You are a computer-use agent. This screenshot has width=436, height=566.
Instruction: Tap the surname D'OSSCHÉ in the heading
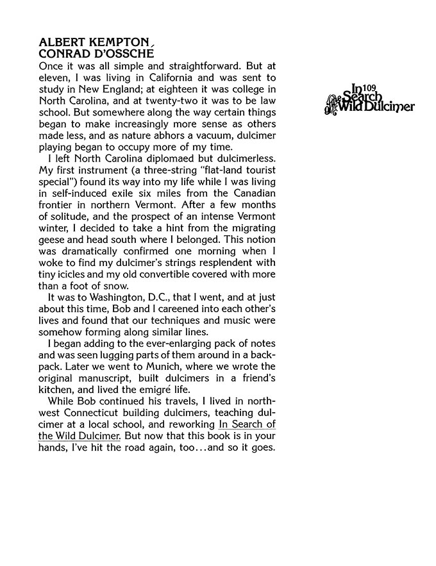point(124,54)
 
